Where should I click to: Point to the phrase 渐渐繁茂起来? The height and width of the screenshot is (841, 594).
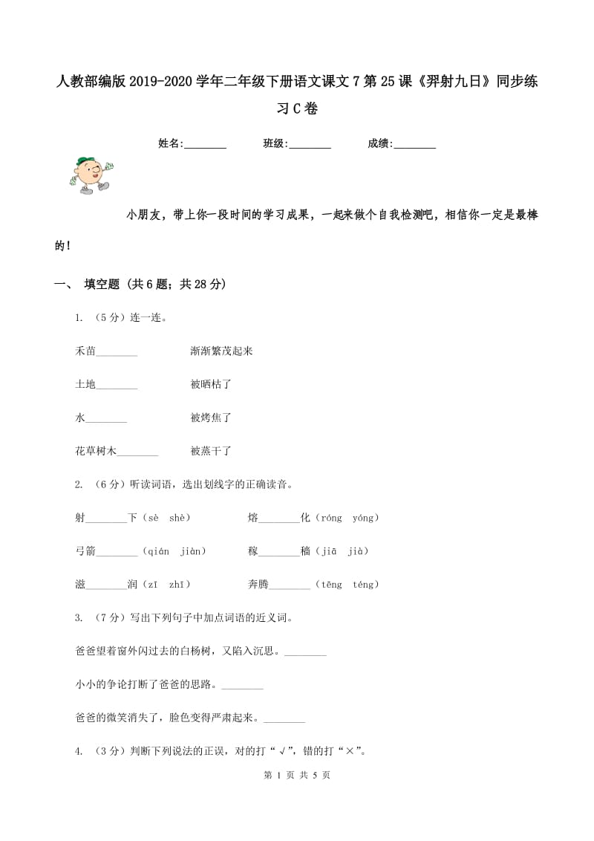[x=221, y=351]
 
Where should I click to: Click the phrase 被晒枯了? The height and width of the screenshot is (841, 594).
[x=211, y=384]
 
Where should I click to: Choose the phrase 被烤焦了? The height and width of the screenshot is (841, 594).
[x=211, y=418]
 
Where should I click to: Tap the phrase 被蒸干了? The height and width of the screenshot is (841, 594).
[x=211, y=451]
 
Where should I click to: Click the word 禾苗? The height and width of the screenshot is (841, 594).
[x=85, y=351]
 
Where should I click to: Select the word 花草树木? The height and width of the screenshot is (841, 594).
[x=96, y=451]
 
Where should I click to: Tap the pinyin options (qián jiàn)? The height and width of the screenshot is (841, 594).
[x=173, y=551]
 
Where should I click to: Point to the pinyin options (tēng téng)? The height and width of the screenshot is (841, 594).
[x=347, y=585]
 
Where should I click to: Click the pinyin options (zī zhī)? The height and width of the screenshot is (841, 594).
[x=166, y=585]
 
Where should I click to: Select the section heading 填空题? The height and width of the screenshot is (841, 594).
[x=102, y=284]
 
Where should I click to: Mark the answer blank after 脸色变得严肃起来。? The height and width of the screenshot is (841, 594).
[x=284, y=719]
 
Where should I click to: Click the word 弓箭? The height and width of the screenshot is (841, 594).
[x=85, y=551]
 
